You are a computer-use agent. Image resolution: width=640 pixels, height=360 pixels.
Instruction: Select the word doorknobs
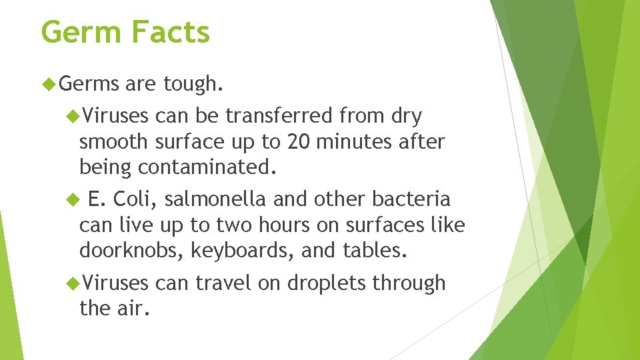point(131,250)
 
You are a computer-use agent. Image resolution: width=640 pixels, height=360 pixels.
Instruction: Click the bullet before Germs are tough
point(47,84)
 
